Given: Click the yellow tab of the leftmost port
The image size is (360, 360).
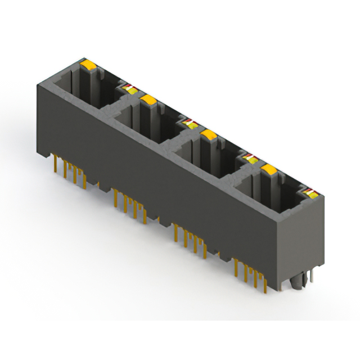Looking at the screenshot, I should pos(87,65).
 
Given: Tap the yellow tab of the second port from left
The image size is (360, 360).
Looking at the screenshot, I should pos(148,100).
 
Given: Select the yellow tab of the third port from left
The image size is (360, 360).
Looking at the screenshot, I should pos(209,134).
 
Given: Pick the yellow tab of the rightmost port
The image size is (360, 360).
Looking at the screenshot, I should pos(269,169).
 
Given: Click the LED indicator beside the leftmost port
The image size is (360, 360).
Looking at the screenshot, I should pos(128,88).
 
